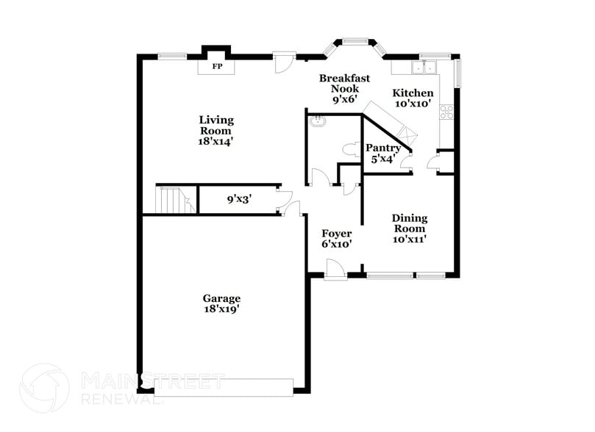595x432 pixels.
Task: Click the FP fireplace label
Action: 217,67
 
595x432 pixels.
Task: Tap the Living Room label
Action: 216,130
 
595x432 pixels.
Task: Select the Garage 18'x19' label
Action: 221,304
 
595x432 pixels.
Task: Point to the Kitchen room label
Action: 413,98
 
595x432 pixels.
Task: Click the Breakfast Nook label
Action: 343,87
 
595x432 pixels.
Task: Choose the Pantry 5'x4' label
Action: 383,153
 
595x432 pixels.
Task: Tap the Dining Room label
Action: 410,228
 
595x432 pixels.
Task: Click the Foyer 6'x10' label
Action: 337,239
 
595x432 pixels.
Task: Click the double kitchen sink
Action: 423,68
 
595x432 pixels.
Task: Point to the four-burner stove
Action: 446,112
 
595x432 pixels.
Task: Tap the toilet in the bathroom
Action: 350,148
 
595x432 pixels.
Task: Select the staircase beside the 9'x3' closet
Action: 175,199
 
